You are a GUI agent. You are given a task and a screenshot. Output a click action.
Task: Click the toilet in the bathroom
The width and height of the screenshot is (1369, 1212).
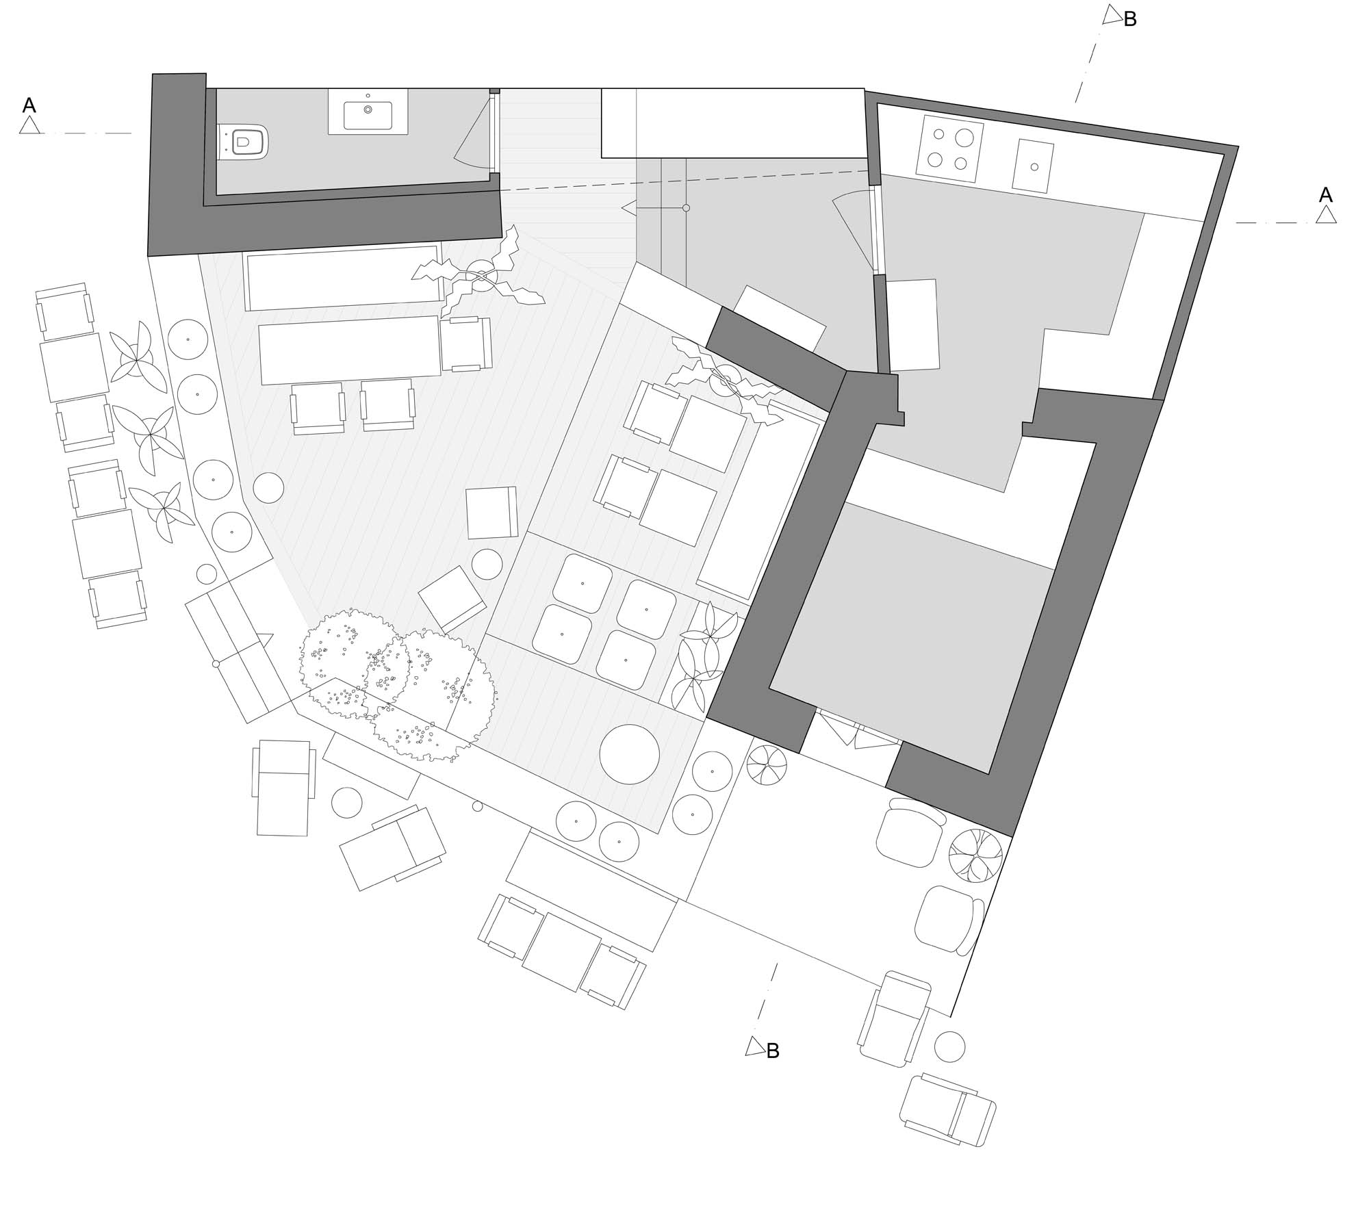click(x=243, y=142)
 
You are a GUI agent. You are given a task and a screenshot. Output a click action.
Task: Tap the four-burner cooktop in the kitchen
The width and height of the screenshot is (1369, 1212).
click(x=950, y=149)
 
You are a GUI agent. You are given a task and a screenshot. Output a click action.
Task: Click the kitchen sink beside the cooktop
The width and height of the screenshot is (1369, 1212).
click(x=1034, y=166)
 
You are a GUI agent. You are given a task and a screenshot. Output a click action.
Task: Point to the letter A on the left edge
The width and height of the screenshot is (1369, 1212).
click(x=29, y=105)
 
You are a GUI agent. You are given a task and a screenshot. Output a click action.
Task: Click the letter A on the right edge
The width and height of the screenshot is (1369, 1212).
click(x=1326, y=195)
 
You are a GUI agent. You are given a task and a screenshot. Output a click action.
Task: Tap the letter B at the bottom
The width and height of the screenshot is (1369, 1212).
click(x=773, y=1051)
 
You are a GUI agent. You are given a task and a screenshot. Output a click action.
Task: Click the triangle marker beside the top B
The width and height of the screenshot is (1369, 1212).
click(x=1112, y=15)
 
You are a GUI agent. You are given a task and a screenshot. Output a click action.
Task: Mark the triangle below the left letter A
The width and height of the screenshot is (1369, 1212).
click(x=29, y=125)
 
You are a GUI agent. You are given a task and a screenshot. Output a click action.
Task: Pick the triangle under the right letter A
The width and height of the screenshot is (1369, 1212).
click(x=1327, y=215)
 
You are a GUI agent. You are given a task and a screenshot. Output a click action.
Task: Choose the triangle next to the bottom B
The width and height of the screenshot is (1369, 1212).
click(x=754, y=1046)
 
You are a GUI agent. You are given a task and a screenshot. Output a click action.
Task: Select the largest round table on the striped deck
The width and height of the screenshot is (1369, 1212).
click(x=629, y=754)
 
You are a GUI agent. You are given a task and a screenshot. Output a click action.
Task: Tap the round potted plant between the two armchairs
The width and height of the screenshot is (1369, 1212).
click(x=975, y=855)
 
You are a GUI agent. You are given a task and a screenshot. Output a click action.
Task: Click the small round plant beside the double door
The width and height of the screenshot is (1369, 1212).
click(x=767, y=764)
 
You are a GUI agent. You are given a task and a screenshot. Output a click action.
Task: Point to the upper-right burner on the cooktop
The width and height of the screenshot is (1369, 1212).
click(x=964, y=138)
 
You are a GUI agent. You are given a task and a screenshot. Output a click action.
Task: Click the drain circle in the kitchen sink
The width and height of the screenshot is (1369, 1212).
click(x=1034, y=166)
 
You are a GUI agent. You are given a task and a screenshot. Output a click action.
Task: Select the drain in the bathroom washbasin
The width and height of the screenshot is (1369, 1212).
click(x=368, y=109)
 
